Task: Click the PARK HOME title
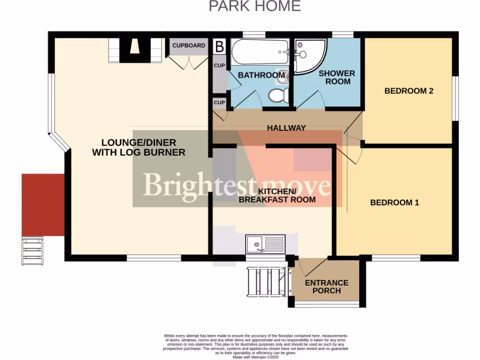[x=255, y=6]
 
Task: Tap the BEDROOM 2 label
[x=408, y=91]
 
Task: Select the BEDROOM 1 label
[x=394, y=202]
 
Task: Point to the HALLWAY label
[x=286, y=128]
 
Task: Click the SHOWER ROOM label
[x=337, y=77]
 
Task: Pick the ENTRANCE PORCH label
[x=327, y=286]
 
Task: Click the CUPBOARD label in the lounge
[x=189, y=45]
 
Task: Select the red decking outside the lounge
[x=43, y=204]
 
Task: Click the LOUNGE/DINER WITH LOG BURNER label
[x=139, y=147]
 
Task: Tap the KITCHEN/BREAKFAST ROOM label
[x=277, y=195]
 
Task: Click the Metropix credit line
[x=255, y=357]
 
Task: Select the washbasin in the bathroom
[x=282, y=78]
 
